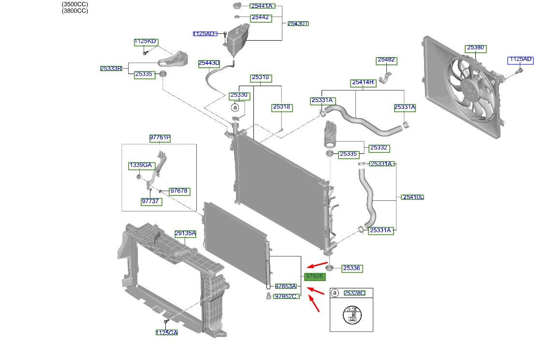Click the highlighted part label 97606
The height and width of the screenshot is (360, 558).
315,276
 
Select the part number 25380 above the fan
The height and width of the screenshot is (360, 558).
475,48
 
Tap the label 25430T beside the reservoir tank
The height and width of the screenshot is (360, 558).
298,24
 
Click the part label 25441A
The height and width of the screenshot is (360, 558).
262,6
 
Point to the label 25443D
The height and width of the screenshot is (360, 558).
209,63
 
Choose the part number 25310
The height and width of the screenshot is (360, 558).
261,77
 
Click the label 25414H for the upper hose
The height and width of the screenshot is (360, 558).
363,83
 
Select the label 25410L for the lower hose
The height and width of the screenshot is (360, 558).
413,197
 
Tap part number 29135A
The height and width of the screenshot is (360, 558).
185,234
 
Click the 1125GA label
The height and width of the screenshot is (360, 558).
166,332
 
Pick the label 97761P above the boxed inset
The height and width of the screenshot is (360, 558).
160,138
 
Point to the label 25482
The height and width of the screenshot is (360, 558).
386,60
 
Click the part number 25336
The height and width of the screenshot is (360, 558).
352,268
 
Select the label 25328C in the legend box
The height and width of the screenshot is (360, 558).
354,293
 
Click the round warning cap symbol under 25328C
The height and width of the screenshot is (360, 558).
352,315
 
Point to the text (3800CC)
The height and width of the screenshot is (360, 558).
75,11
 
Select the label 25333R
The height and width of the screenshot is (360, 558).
111,68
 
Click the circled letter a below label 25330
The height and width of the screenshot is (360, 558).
235,107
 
